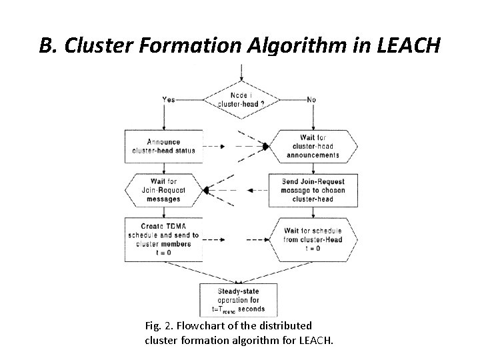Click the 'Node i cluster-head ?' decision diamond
coord(241,100)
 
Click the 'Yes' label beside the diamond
coord(169,100)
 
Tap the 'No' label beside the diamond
coord(311,100)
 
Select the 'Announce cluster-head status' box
coord(163,146)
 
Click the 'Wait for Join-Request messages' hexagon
coord(163,190)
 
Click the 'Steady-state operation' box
coord(238,299)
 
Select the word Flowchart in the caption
coord(204,326)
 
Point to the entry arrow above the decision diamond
coord(241,72)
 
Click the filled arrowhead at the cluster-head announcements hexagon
coord(265,146)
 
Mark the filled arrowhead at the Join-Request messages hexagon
coord(207,190)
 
